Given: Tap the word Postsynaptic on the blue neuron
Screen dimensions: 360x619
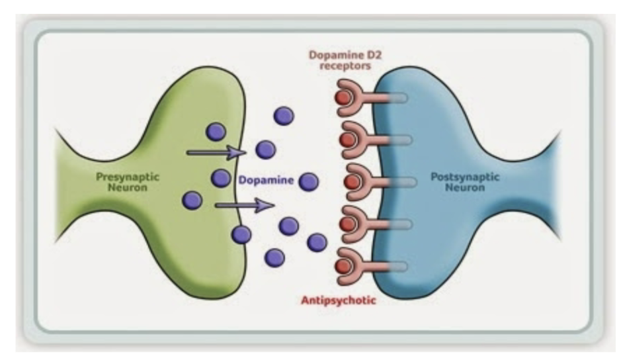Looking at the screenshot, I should click(x=465, y=177).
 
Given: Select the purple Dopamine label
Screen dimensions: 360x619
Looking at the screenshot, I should click(x=266, y=179).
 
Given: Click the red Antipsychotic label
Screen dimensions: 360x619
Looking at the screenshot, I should click(x=339, y=300).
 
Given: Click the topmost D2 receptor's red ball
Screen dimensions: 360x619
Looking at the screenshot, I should click(x=343, y=97).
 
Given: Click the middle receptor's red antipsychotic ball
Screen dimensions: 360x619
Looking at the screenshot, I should click(x=351, y=181).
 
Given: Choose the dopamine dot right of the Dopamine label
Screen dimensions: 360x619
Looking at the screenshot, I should click(x=308, y=180).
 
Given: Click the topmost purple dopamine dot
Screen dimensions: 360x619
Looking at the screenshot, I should click(x=284, y=116).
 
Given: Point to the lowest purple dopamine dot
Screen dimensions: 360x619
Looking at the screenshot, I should click(x=274, y=257).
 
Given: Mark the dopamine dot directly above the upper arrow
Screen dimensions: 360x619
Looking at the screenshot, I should click(x=216, y=131).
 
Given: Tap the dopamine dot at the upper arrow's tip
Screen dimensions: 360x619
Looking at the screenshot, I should click(x=265, y=150).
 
